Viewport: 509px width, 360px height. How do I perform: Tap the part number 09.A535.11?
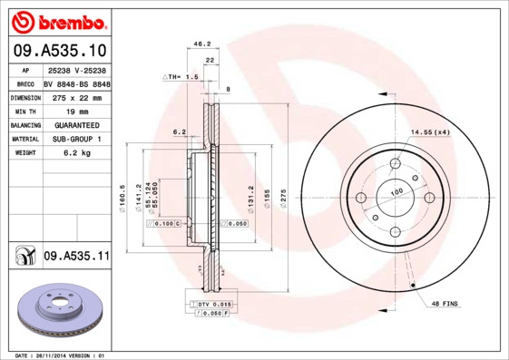click(76, 258)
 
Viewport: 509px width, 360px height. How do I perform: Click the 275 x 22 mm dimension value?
click(76, 97)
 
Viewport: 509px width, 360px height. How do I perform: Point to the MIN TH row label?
click(24, 111)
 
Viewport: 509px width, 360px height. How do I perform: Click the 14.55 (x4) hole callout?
click(430, 133)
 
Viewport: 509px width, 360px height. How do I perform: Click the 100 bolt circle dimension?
click(396, 193)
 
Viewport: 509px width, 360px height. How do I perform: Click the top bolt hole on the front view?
click(395, 164)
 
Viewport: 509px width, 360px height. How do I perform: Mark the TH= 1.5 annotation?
click(180, 78)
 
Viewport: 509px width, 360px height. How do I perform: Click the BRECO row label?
click(24, 83)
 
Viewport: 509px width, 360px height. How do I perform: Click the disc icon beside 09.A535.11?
click(23, 258)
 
